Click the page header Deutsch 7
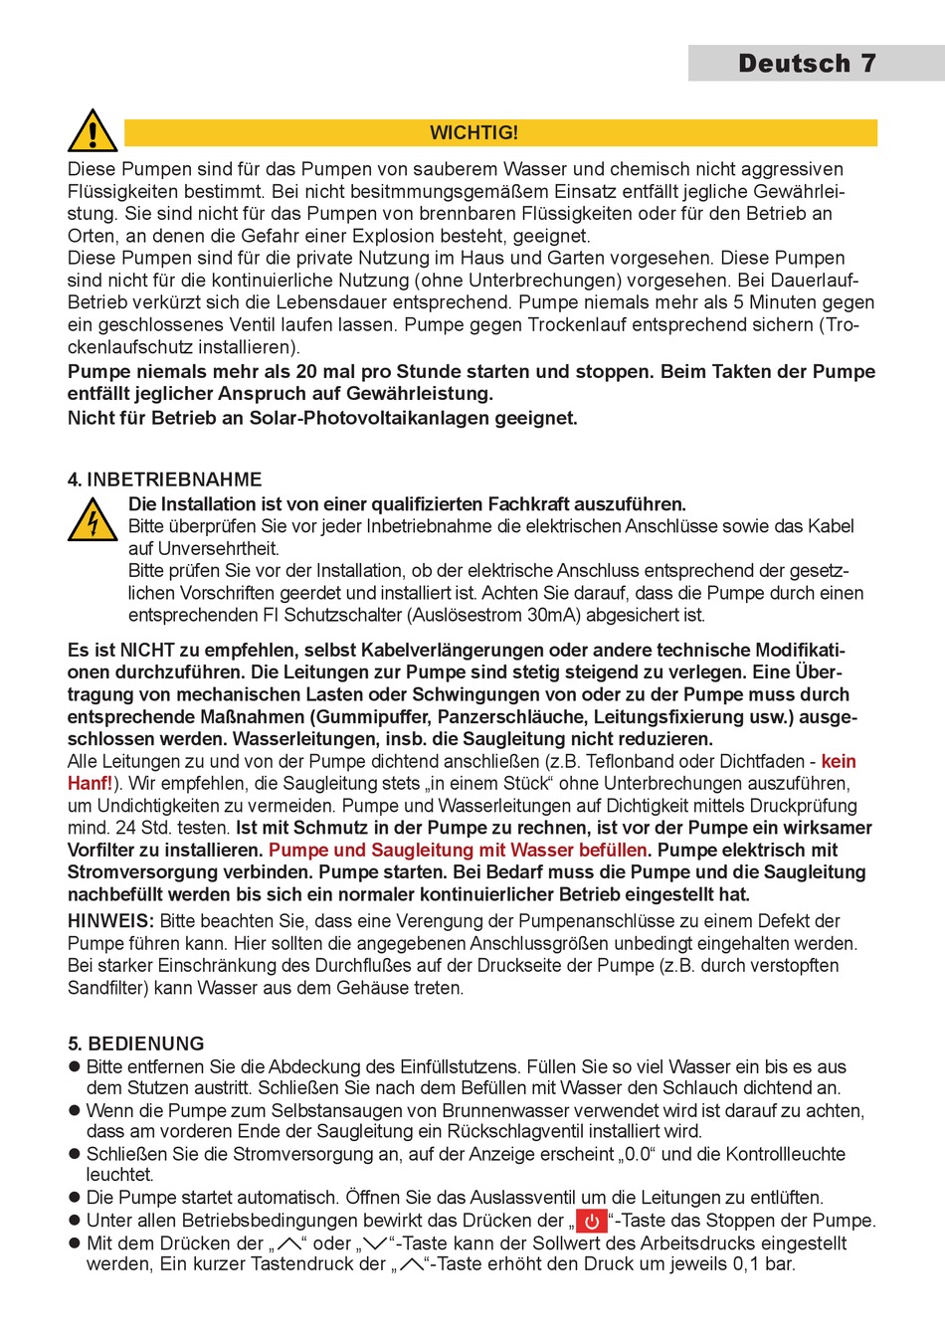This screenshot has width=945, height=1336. click(807, 64)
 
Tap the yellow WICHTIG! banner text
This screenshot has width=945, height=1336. click(473, 132)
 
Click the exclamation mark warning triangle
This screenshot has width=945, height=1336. click(93, 131)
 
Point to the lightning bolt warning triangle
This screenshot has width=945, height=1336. click(93, 521)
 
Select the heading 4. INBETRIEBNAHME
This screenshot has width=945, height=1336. click(164, 479)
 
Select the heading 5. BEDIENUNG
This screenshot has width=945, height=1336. click(136, 1044)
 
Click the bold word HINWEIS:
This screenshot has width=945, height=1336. click(110, 921)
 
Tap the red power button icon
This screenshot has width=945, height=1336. click(592, 1221)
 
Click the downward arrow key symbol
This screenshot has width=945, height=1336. click(374, 1243)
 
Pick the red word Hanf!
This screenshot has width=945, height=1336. click(90, 784)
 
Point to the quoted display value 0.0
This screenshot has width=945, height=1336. click(637, 1154)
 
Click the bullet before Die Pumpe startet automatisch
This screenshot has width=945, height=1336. click(74, 1198)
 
